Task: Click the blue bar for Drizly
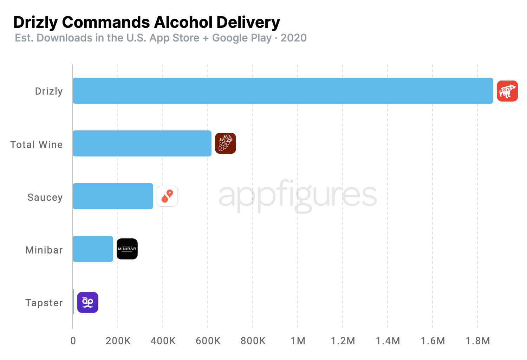tap(283, 91)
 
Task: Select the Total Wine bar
tap(142, 143)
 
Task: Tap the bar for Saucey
tap(113, 196)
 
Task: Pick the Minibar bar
tap(93, 249)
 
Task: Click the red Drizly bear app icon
tap(507, 91)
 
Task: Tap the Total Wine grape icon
tap(225, 143)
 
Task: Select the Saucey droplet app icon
tap(167, 196)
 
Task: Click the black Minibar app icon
tap(127, 249)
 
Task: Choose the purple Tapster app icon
tap(87, 302)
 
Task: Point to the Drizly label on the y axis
tap(49, 91)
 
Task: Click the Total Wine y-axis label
tap(37, 144)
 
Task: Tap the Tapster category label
tap(44, 303)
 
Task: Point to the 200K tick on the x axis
tap(118, 341)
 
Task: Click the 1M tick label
tap(298, 341)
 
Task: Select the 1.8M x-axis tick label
tap(477, 341)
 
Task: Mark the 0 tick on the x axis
tap(73, 341)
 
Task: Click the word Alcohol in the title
tap(183, 22)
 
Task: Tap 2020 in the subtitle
tap(293, 38)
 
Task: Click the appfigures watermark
tap(298, 195)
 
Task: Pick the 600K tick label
tap(208, 341)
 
